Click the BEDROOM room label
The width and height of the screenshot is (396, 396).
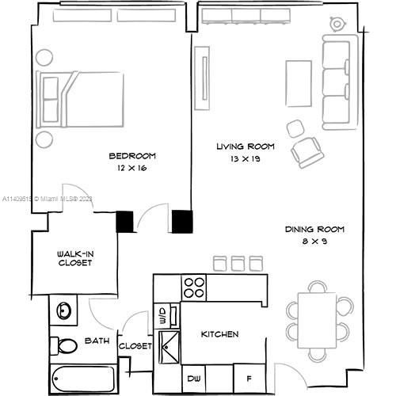point(132,156)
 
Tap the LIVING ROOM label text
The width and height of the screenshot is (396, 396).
point(246,147)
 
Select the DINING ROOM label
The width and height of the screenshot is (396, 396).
point(315,230)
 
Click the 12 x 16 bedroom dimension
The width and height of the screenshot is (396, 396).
point(131,169)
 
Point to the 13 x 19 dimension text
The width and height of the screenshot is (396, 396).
point(246,159)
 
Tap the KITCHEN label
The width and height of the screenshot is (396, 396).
point(219,334)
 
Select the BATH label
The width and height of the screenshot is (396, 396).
point(97,341)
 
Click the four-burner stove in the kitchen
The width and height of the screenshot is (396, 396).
point(194,286)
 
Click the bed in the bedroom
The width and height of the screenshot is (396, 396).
point(79,98)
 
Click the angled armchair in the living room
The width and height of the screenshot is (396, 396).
point(306,151)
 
